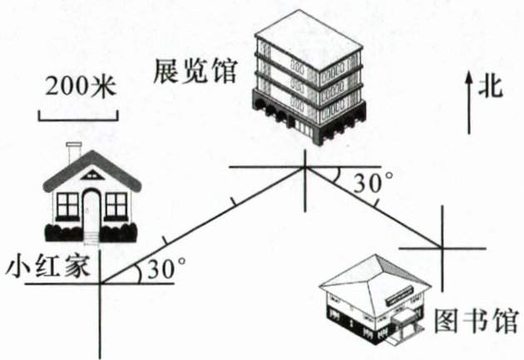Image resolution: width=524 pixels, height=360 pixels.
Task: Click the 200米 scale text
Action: point(77,86)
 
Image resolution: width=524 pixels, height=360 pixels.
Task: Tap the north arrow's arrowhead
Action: point(469,76)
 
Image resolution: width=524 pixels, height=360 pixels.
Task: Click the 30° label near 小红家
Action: point(164,269)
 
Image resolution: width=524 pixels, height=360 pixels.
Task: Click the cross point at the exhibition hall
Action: point(305,167)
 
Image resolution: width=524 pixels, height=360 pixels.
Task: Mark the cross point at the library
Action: point(440,247)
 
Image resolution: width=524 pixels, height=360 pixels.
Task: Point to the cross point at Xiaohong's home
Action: point(100,284)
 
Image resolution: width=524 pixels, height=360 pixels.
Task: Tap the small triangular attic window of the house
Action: point(91,177)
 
